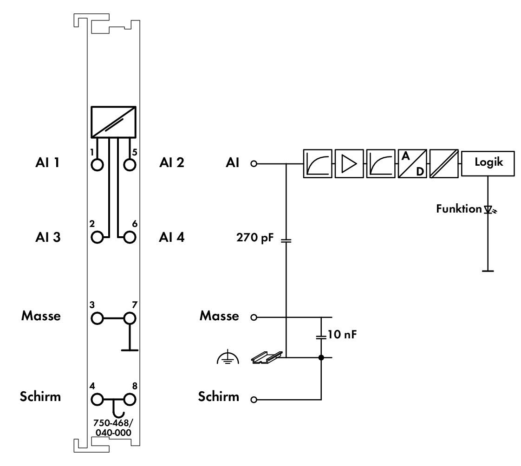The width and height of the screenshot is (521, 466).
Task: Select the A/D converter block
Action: tap(412, 164)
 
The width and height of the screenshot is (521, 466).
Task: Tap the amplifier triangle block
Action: tap(349, 164)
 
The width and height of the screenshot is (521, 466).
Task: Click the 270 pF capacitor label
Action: tap(255, 238)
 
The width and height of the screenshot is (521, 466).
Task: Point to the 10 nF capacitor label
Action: tap(342, 334)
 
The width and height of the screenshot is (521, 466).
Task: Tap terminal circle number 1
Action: tap(97, 165)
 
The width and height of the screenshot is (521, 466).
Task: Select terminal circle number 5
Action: tap(130, 165)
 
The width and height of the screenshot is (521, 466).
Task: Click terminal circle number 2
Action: tap(97, 238)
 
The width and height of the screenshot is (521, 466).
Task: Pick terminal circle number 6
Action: tap(130, 238)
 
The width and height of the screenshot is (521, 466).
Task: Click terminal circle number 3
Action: tap(97, 318)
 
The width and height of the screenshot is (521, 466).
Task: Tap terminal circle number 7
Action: tap(130, 318)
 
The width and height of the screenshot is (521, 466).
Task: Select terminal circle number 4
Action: tap(97, 399)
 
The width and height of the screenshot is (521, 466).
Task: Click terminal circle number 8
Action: tap(130, 399)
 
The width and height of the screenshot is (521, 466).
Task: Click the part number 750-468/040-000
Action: tap(113, 428)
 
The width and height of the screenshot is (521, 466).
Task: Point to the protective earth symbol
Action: tap(228, 357)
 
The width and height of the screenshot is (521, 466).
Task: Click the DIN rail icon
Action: tap(267, 357)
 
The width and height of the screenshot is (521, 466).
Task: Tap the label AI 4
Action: tap(171, 237)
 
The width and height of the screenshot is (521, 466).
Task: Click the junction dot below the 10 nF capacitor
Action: tap(321, 357)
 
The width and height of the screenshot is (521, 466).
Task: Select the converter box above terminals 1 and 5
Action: tap(114, 122)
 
